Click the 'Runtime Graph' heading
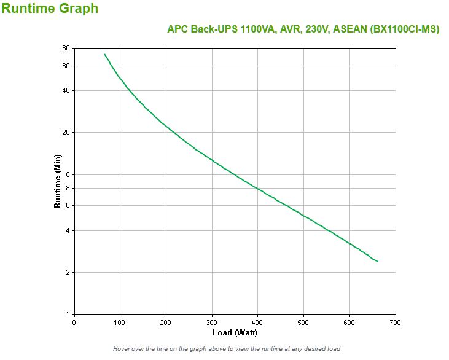(x=50, y=9)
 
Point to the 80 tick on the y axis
(x=66, y=48)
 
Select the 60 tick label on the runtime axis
(x=66, y=66)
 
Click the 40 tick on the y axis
(x=66, y=90)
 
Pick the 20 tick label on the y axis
(x=66, y=132)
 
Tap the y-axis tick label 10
(x=66, y=174)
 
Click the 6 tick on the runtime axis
(x=68, y=205)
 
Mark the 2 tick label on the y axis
(x=68, y=272)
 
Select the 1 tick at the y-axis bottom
(x=68, y=314)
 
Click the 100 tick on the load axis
(x=120, y=322)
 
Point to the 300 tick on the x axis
(x=212, y=322)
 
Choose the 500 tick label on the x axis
(x=304, y=322)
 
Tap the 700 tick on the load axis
(x=396, y=322)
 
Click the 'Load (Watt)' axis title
(x=235, y=333)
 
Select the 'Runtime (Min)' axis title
(x=58, y=181)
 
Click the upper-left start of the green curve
(x=104, y=54)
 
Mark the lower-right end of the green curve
(x=377, y=262)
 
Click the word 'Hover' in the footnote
(x=123, y=349)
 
